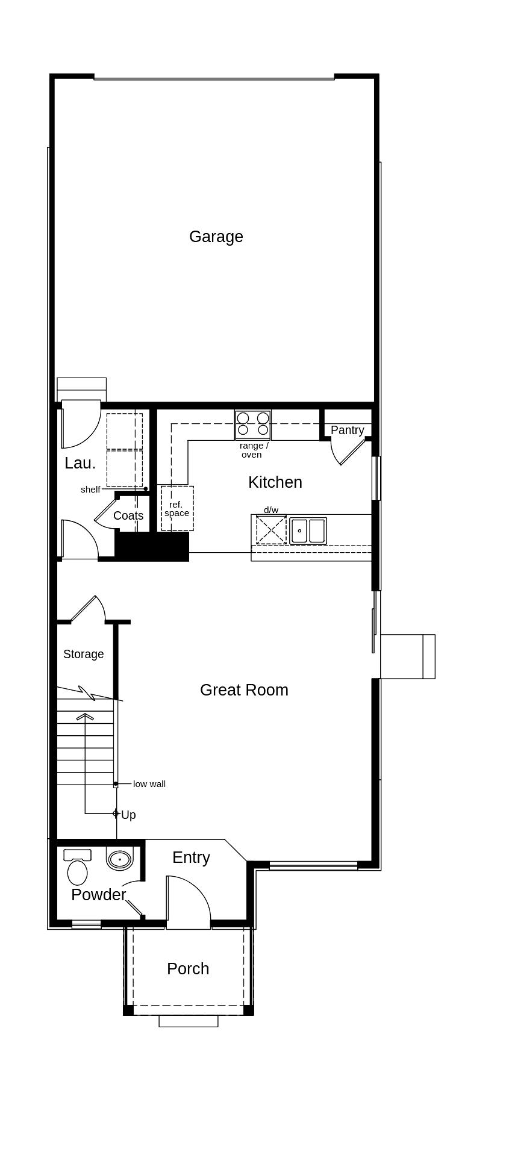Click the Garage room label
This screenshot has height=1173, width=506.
pyautogui.click(x=216, y=237)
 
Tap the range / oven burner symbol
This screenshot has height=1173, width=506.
pyautogui.click(x=253, y=424)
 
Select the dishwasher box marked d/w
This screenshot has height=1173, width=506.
pyautogui.click(x=271, y=530)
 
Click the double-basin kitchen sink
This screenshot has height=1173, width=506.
pyautogui.click(x=308, y=531)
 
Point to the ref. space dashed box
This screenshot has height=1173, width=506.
pyautogui.click(x=177, y=509)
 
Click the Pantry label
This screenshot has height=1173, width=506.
pyautogui.click(x=347, y=430)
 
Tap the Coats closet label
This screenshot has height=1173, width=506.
pyautogui.click(x=128, y=515)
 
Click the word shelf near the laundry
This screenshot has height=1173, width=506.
pyautogui.click(x=90, y=490)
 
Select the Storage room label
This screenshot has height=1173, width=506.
pyautogui.click(x=83, y=654)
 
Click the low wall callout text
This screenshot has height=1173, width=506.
pyautogui.click(x=149, y=784)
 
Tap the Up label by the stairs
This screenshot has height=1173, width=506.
pyautogui.click(x=128, y=815)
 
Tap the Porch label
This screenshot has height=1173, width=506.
pyautogui.click(x=188, y=969)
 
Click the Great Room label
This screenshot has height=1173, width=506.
pyautogui.click(x=244, y=690)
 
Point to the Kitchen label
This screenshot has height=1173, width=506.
pyautogui.click(x=275, y=482)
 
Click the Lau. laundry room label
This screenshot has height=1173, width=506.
pyautogui.click(x=80, y=463)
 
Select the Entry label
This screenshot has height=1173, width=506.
pyautogui.click(x=191, y=857)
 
